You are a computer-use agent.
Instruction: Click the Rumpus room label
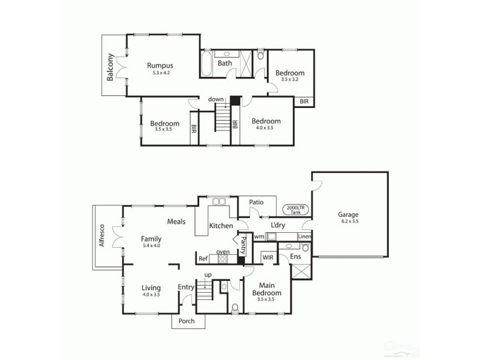[161, 66]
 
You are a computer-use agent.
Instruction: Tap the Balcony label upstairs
[111, 68]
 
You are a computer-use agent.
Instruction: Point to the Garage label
[348, 214]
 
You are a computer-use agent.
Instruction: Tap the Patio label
[257, 202]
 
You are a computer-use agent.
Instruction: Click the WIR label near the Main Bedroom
[268, 257]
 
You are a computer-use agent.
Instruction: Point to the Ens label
[296, 257]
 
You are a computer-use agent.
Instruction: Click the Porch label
[187, 321]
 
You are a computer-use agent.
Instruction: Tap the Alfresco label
[103, 236]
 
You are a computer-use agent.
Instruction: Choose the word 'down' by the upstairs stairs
[216, 99]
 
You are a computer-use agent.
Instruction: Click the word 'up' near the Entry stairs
[208, 275]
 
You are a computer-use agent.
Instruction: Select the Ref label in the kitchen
[203, 259]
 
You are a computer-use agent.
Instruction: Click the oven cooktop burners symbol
[223, 259]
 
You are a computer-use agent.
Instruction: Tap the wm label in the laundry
[259, 237]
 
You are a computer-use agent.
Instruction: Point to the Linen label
[304, 237]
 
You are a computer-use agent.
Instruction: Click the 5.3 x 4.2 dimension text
[161, 73]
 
